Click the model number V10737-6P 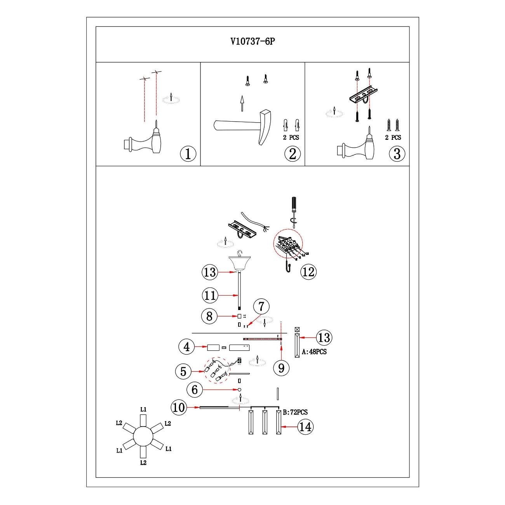252,42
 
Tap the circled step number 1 188,154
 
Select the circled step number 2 293,154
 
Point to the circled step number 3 397,154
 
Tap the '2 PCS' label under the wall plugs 291,138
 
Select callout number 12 308,272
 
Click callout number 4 187,347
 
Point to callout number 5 183,372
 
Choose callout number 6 195,389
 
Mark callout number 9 281,367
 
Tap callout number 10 179,407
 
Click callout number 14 305,427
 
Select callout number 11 210,296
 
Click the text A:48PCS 314,352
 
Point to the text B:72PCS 295,412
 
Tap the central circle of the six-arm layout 143,436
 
